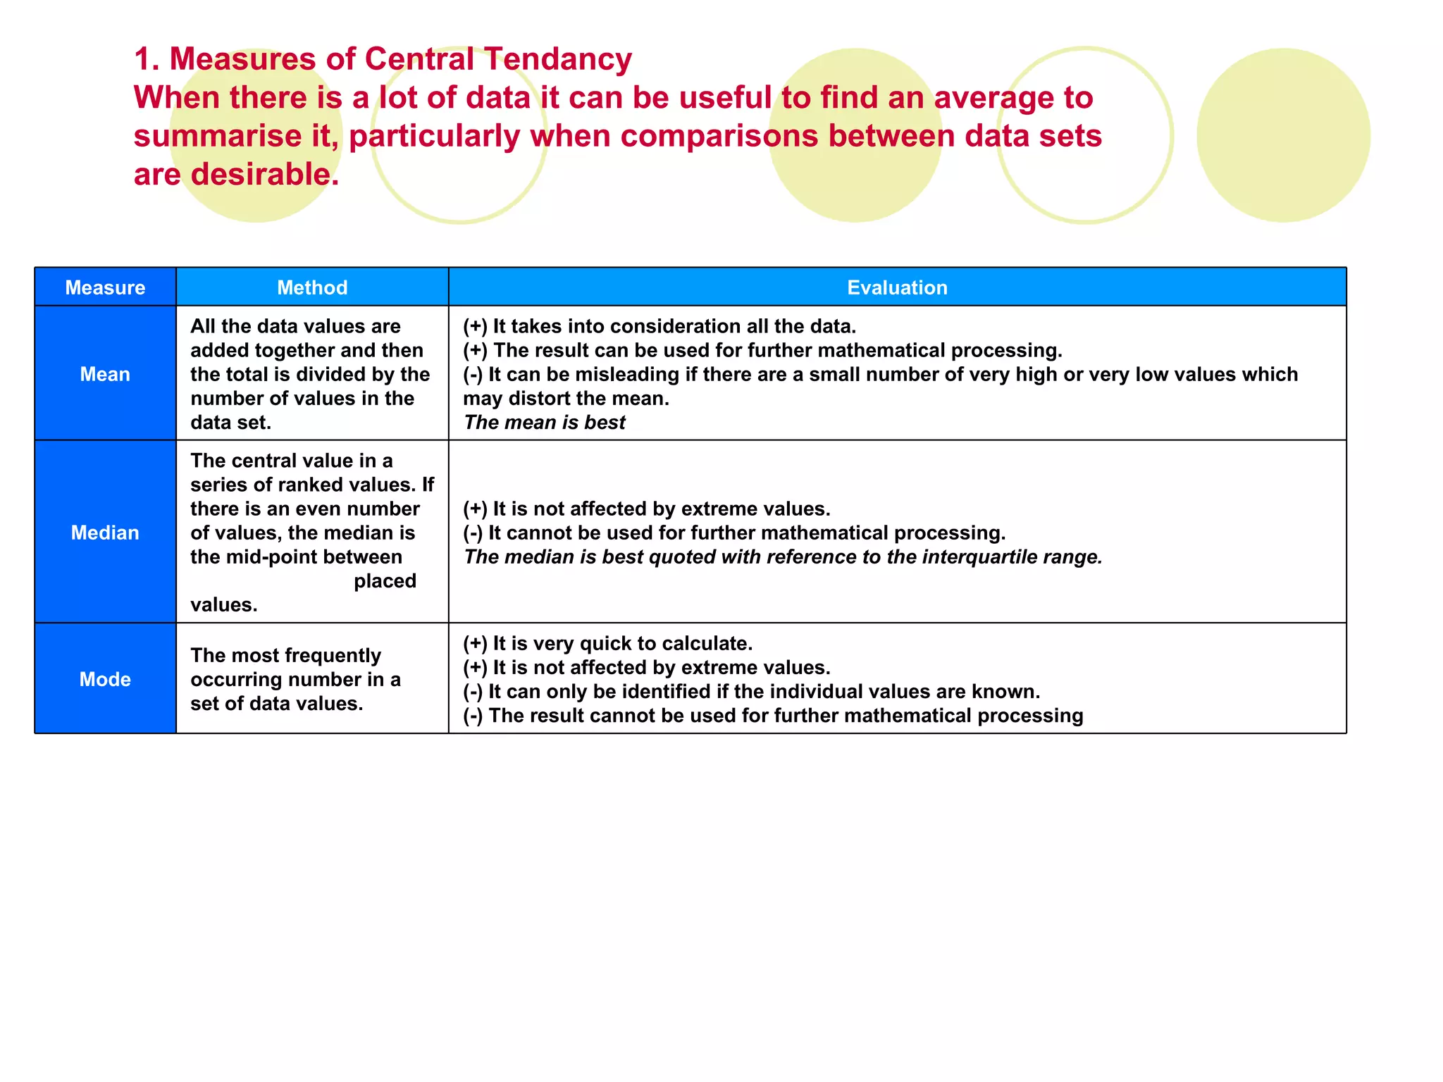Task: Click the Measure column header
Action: (x=105, y=287)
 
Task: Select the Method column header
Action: (x=312, y=287)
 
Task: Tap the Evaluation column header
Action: (x=897, y=287)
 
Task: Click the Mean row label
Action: (x=105, y=374)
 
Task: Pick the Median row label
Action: (x=105, y=533)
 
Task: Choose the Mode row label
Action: (x=105, y=679)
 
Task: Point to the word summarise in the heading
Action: (x=218, y=136)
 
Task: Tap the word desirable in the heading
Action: (x=265, y=174)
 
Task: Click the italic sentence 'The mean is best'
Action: (x=545, y=423)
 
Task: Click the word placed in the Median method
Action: (x=385, y=581)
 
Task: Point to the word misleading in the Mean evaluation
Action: (x=627, y=375)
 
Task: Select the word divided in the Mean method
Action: (x=340, y=375)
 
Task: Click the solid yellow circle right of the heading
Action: (x=1283, y=135)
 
